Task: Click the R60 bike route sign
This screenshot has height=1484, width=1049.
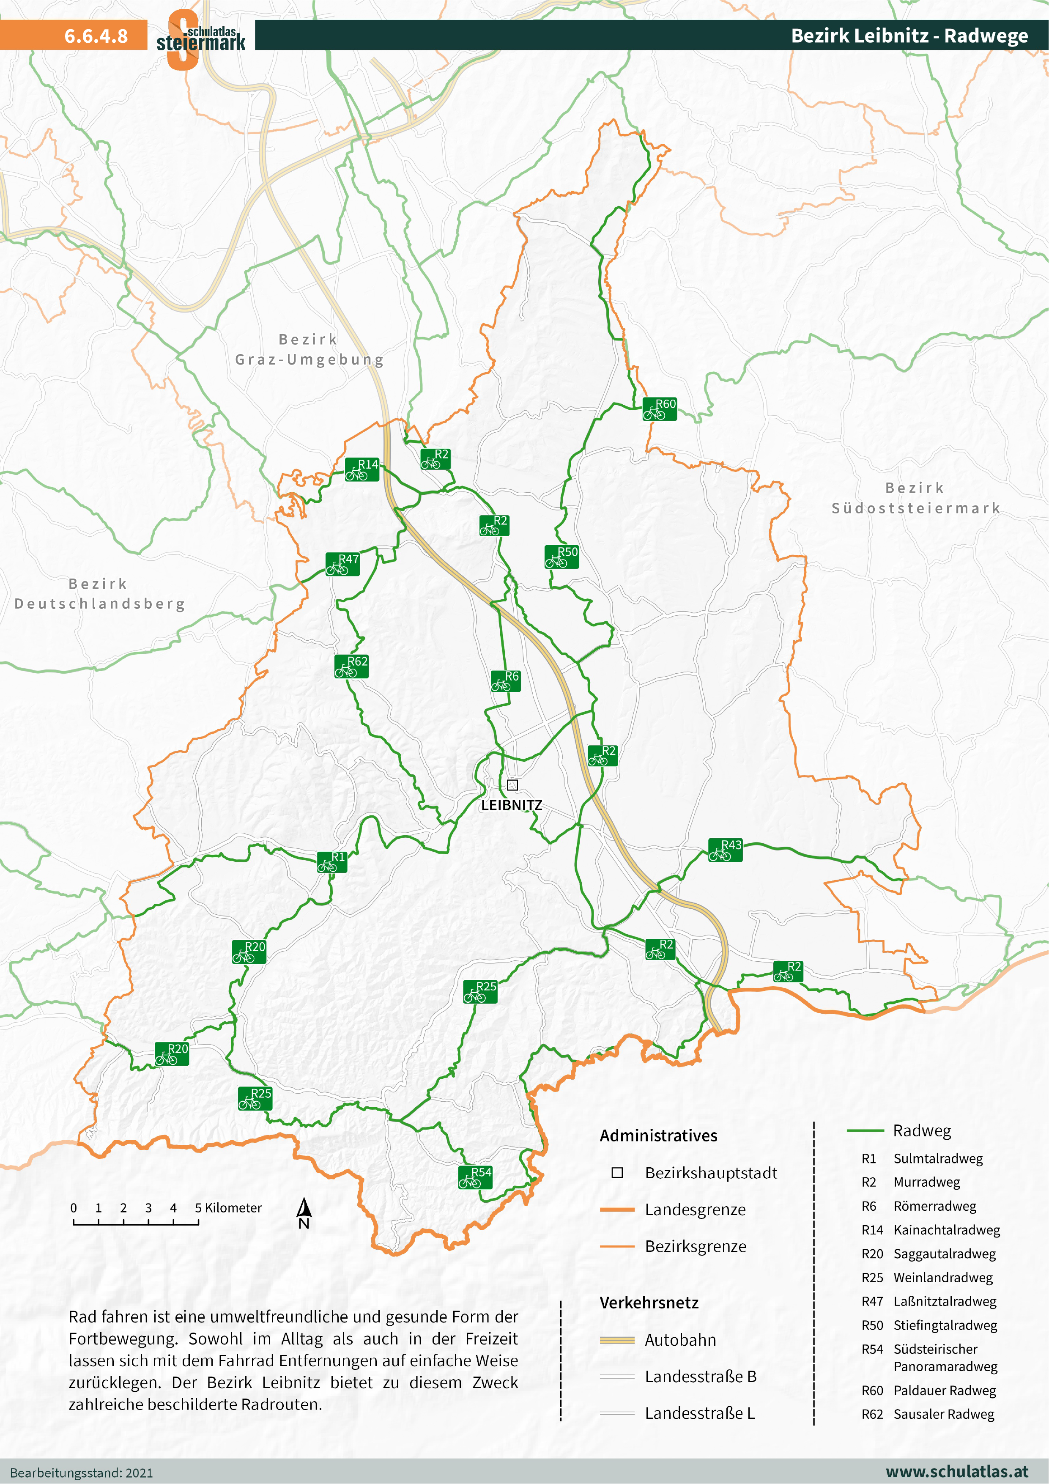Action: [x=659, y=409]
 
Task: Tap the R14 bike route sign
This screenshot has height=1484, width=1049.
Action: [x=362, y=469]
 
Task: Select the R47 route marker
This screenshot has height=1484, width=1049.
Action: [x=342, y=564]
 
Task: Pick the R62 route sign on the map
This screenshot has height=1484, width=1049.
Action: [x=352, y=667]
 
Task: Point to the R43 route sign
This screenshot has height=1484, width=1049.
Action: [x=725, y=850]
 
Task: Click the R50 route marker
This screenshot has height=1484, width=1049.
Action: [x=561, y=557]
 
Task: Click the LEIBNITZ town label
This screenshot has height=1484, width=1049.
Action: [x=511, y=805]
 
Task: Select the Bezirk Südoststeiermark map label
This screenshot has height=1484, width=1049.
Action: [x=915, y=498]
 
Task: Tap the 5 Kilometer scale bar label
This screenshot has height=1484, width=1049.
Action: [x=228, y=1208]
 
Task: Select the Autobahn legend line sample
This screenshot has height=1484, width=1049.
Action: [x=616, y=1340]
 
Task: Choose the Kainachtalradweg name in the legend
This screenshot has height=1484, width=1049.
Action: [x=946, y=1230]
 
